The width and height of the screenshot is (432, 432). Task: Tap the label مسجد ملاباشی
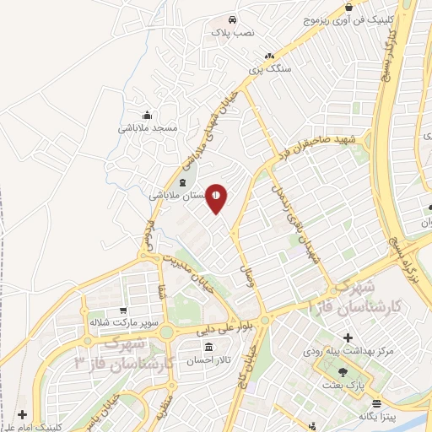[x=148, y=129]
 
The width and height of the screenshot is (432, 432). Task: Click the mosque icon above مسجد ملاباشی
[x=148, y=116]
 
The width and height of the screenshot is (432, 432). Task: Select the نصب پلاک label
[x=231, y=33]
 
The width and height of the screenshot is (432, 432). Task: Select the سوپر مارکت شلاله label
[x=124, y=322]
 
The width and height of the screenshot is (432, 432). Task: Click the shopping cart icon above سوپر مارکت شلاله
[x=124, y=310]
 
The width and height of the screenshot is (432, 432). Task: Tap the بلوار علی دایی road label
[x=215, y=331]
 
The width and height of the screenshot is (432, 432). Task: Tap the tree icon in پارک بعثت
[x=342, y=371]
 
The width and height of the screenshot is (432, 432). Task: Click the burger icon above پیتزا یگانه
[x=377, y=404]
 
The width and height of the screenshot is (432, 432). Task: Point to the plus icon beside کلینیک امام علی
[x=21, y=415]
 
